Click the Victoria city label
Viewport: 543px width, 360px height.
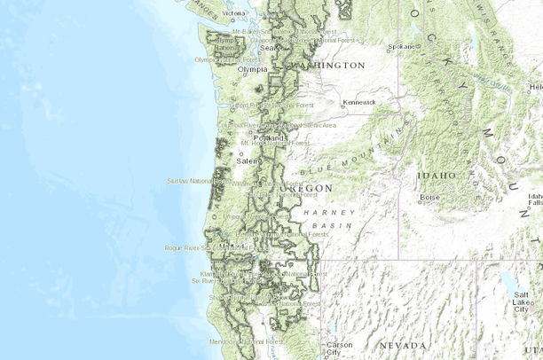point(235,13)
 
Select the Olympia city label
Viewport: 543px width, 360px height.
point(252,68)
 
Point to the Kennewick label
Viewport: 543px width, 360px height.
point(359,102)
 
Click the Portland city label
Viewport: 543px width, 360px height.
point(267,139)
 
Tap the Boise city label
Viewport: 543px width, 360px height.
point(430,197)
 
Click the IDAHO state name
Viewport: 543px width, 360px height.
point(437,176)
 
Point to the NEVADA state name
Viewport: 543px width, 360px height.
point(404,344)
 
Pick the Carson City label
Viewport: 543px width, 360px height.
point(340,348)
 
